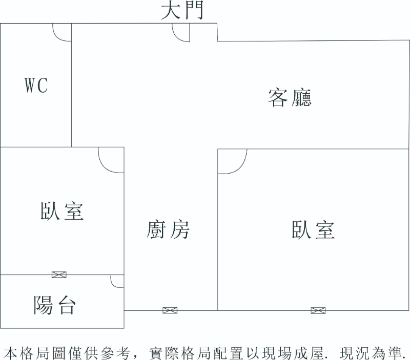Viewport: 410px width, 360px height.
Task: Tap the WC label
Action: click(36, 86)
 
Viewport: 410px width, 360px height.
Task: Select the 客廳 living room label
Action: click(290, 97)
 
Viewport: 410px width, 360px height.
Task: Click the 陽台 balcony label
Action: click(55, 305)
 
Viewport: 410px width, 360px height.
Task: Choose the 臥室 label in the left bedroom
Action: click(62, 211)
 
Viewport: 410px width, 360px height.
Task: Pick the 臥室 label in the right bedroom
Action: click(313, 230)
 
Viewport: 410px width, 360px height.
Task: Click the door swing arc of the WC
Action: click(61, 33)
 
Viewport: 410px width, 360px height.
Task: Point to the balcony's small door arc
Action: click(117, 281)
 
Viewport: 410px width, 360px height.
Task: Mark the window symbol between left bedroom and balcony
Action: click(59, 274)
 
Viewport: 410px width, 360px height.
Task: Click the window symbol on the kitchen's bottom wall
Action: click(170, 310)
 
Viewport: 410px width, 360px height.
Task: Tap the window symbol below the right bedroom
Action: click(318, 310)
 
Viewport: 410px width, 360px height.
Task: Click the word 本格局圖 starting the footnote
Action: click(31, 352)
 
